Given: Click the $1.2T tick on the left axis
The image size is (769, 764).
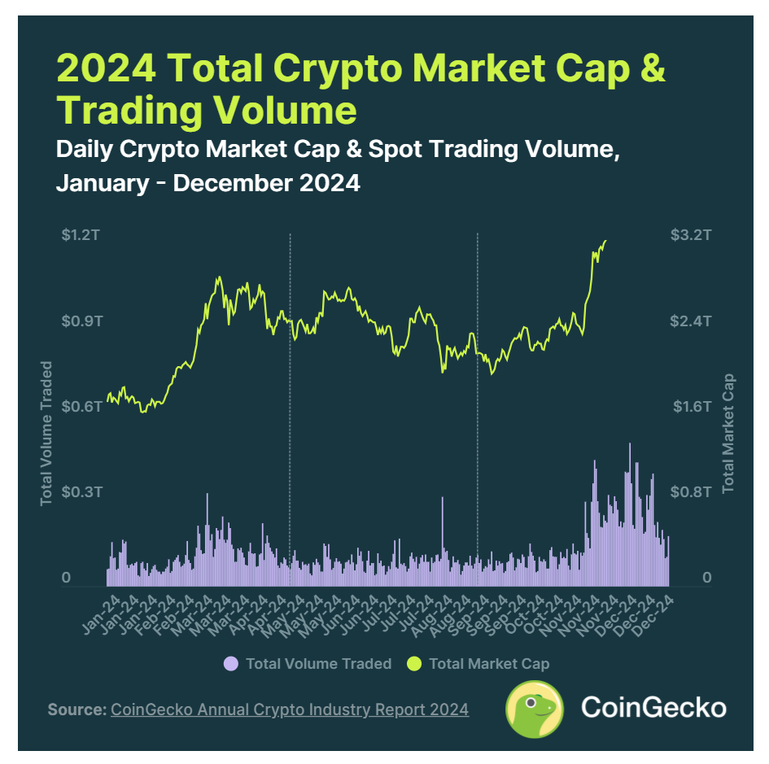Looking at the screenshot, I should pyautogui.click(x=81, y=236).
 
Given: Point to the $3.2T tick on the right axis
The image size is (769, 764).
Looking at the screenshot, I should pyautogui.click(x=691, y=236).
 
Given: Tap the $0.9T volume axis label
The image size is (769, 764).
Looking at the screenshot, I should pyautogui.click(x=81, y=321).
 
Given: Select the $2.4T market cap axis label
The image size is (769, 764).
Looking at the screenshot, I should pyautogui.click(x=691, y=321).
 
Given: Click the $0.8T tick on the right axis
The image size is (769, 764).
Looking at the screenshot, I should pyautogui.click(x=691, y=492).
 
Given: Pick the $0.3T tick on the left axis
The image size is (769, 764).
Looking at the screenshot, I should pyautogui.click(x=81, y=492).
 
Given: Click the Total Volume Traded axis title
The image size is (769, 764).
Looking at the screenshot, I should pyautogui.click(x=46, y=433).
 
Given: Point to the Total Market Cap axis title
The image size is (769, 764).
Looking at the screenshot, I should pyautogui.click(x=728, y=433).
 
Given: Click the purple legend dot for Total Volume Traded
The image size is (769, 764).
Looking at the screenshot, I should pyautogui.click(x=231, y=664).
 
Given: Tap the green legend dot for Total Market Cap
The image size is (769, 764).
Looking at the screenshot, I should pyautogui.click(x=414, y=664).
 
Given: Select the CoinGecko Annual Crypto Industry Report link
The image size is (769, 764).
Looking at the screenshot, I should pyautogui.click(x=290, y=710).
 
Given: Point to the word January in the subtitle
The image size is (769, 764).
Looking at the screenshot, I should pyautogui.click(x=102, y=183).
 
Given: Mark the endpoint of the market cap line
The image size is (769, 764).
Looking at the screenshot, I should pyautogui.click(x=606, y=241).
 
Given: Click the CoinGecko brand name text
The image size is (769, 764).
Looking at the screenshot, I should pyautogui.click(x=653, y=708).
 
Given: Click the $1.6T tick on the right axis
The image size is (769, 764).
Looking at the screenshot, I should pyautogui.click(x=691, y=407).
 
